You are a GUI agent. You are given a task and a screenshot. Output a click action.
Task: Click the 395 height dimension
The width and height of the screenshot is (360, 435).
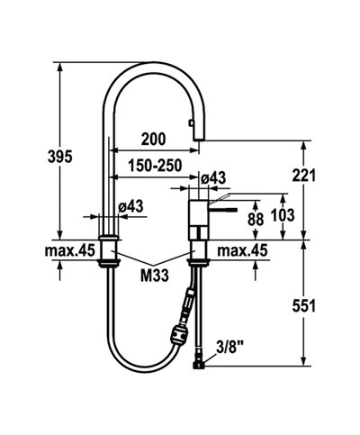34,157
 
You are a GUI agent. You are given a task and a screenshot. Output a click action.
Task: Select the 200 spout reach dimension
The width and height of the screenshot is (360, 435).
154,139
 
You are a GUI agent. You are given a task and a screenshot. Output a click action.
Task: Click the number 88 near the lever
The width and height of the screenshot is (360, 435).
256,219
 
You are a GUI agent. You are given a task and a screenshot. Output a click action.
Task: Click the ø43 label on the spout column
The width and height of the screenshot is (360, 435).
132,207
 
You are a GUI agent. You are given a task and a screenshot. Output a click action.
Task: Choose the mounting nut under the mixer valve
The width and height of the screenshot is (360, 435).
198,261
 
